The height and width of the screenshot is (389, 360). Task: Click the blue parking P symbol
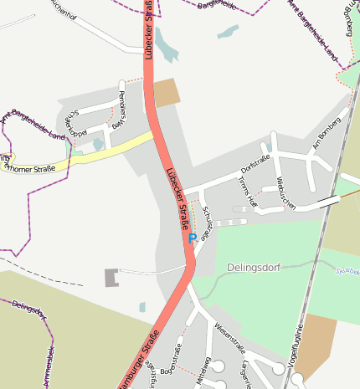[193, 238]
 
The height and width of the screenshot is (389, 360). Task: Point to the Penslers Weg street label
[122, 100]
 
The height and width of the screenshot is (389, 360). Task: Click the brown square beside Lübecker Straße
[167, 92]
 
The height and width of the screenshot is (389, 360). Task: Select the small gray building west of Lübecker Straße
[111, 278]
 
